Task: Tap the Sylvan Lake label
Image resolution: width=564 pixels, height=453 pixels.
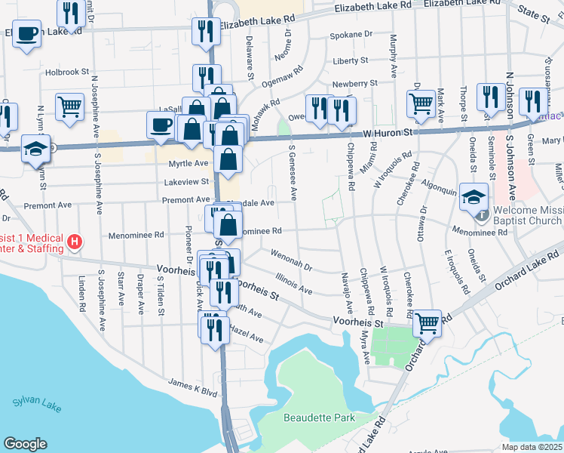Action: (37, 405)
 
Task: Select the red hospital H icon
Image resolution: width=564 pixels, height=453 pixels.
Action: (75, 242)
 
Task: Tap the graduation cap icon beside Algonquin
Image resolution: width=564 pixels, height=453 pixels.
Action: (474, 198)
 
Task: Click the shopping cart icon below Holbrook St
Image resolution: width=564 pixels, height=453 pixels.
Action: (69, 107)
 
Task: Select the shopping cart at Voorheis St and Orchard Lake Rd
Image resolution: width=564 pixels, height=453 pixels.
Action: (428, 323)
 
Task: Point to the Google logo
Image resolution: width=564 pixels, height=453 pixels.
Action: (25, 444)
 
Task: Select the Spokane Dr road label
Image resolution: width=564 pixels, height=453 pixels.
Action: (351, 35)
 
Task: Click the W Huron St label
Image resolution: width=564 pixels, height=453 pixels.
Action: (388, 133)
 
